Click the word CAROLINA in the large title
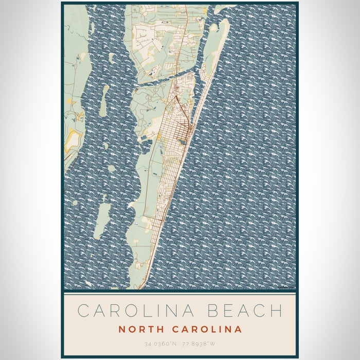pyautogui.click(x=133, y=311)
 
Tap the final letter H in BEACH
pyautogui.click(x=276, y=311)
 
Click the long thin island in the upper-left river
pyautogui.click(x=104, y=100)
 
